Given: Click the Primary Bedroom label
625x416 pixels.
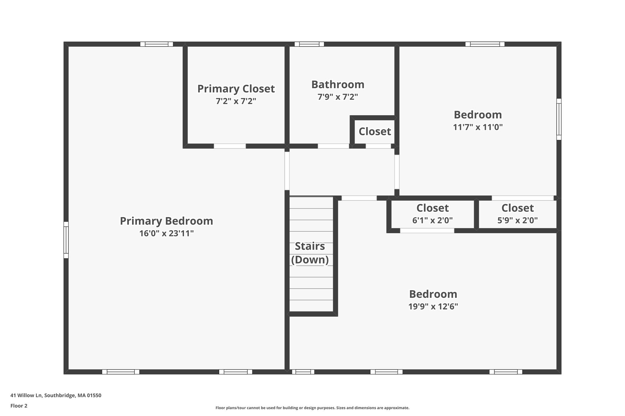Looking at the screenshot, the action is pos(166,221).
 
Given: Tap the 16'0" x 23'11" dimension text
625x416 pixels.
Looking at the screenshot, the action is pos(166,233).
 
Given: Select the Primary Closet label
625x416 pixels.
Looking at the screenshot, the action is pos(236,89).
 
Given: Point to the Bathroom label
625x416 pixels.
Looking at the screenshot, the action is pos(338,84).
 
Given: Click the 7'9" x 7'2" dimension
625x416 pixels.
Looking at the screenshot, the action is pos(338,97).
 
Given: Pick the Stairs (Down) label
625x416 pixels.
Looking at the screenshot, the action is pos(310,253).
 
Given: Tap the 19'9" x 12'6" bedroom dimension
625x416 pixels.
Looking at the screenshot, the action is pos(433,307).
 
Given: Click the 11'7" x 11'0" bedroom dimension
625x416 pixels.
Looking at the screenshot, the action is pos(478,127).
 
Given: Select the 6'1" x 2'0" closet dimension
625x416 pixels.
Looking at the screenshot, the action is pos(432,220).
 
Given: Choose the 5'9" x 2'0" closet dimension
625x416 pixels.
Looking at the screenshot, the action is pos(518,220).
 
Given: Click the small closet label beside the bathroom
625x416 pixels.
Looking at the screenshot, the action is pos(375,132).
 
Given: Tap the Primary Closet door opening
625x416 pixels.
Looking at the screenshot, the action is pos(230,146).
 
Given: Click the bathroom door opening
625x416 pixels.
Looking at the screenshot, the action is pos(334,146).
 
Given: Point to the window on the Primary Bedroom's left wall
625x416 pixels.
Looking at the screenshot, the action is pos(66,240).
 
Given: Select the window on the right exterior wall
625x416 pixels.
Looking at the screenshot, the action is pos(559,119).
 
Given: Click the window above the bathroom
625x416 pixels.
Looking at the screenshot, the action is pos(309,44).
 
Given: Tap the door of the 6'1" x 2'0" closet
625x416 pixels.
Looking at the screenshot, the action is pos(427,231).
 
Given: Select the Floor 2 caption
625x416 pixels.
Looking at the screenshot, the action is pos(19,406).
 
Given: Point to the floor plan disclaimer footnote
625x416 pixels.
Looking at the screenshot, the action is pos(312,408).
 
